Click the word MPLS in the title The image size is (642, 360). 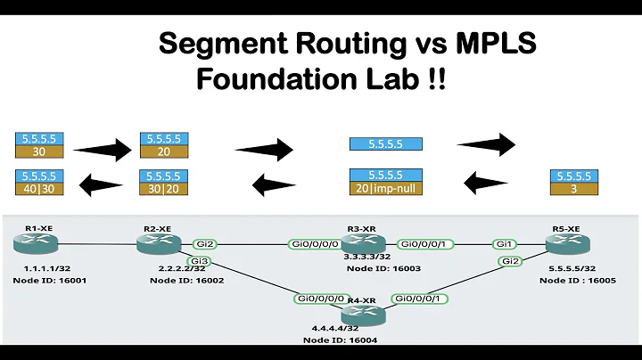point(487,41)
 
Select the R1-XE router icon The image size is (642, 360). point(35,242)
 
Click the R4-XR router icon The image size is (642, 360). point(361,314)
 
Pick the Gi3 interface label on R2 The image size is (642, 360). point(198,260)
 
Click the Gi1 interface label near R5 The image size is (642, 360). point(506,243)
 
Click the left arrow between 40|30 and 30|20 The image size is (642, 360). point(98,186)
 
